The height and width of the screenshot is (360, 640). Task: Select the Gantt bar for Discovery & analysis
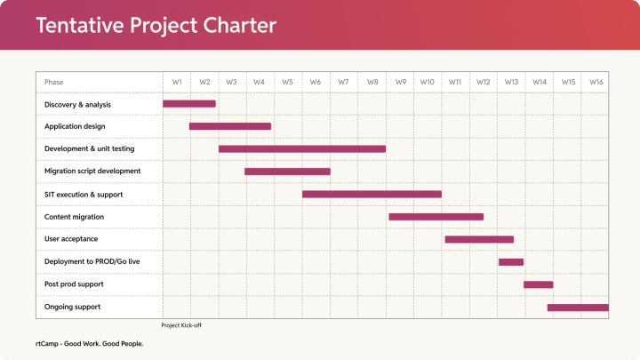pos(188,104)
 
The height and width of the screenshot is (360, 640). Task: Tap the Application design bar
pos(230,126)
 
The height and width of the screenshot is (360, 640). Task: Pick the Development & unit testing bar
pos(302,148)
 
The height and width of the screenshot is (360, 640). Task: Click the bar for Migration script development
pos(287,172)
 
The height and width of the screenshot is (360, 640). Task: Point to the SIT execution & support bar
pos(372,194)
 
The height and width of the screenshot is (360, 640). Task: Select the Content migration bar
pos(436,216)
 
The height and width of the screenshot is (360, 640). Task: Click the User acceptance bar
pos(479,239)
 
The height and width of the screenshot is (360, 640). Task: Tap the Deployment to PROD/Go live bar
pos(511,261)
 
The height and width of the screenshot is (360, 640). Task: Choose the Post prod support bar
pos(539,284)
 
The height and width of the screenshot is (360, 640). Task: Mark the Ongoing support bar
pos(578,307)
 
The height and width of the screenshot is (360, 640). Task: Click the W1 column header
pos(177,82)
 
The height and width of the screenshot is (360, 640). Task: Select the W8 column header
pos(372,82)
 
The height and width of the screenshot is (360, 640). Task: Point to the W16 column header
pos(596,82)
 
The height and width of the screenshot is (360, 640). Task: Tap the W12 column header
pos(483,82)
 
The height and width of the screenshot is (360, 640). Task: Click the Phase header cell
pos(54,82)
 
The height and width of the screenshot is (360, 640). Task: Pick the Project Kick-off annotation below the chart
pos(182,325)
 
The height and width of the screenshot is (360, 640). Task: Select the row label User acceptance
pos(71,239)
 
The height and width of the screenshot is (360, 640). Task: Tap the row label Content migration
pos(74,216)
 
